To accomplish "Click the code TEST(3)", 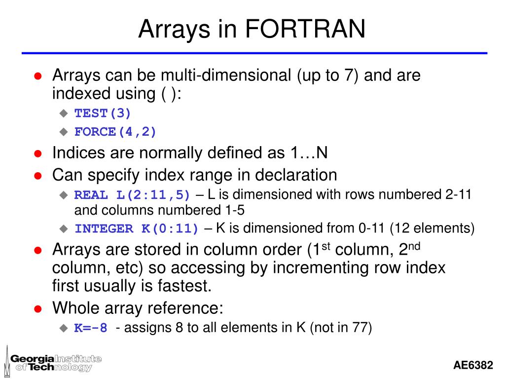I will (103, 113).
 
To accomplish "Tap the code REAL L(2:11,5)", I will (132, 195).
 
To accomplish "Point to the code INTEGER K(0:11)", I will (137, 228).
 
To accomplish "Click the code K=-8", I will (91, 328).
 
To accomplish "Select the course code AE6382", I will (473, 365).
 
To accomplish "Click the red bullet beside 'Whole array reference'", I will (37, 309).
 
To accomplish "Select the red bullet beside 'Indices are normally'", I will (37, 153).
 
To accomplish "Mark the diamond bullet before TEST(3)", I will (63, 114).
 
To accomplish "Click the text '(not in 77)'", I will (340, 328).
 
